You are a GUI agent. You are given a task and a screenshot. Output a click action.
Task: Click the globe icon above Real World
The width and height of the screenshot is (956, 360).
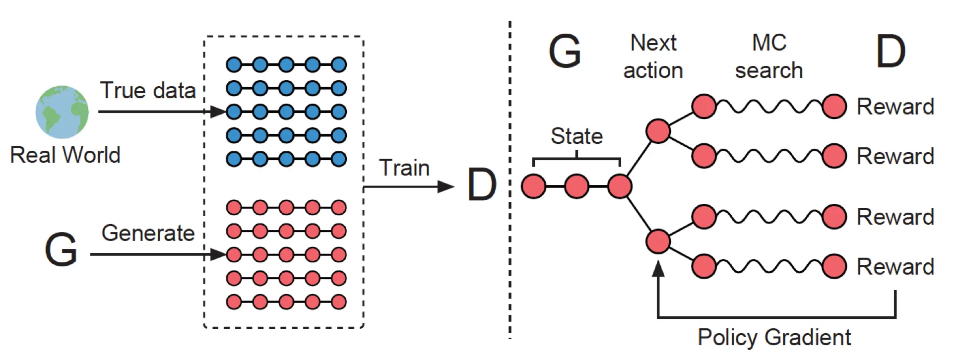point(62,112)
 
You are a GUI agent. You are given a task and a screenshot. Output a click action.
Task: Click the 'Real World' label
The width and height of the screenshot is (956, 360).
point(65,155)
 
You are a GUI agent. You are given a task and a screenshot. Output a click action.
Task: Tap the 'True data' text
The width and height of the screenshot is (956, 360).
point(148,91)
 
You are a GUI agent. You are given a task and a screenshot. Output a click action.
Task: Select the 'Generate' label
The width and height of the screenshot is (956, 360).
point(148,233)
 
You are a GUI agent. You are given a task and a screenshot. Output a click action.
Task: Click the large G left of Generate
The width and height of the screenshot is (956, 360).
point(61,249)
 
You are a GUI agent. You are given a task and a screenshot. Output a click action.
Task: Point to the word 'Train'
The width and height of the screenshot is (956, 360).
point(404,168)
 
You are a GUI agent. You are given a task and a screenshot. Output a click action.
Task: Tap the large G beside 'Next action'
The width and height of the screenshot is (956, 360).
point(565,51)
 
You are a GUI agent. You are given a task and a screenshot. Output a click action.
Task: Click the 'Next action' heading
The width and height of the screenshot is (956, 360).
point(653,57)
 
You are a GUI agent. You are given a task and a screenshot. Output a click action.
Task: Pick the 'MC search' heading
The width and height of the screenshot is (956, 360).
point(769,57)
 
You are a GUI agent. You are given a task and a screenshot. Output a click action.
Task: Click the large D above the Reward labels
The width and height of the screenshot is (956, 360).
point(891,51)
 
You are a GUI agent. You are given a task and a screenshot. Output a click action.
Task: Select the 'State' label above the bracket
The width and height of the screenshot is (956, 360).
point(576,136)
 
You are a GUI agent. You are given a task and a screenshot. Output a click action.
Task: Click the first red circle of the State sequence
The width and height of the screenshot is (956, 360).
point(533,186)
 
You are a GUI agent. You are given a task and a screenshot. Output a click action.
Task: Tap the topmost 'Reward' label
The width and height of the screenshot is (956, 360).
point(895,107)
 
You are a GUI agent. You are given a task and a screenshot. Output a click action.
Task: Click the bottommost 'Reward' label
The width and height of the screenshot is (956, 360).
point(895,267)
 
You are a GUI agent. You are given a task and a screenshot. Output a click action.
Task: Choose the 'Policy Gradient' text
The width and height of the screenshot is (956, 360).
point(774,338)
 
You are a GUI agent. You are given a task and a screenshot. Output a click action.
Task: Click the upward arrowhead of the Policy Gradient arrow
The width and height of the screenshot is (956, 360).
point(658,268)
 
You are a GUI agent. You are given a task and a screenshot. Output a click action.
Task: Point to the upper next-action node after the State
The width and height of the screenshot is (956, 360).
point(658,131)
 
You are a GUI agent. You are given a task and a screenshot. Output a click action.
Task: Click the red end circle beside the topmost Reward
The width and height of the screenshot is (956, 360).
point(834,107)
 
